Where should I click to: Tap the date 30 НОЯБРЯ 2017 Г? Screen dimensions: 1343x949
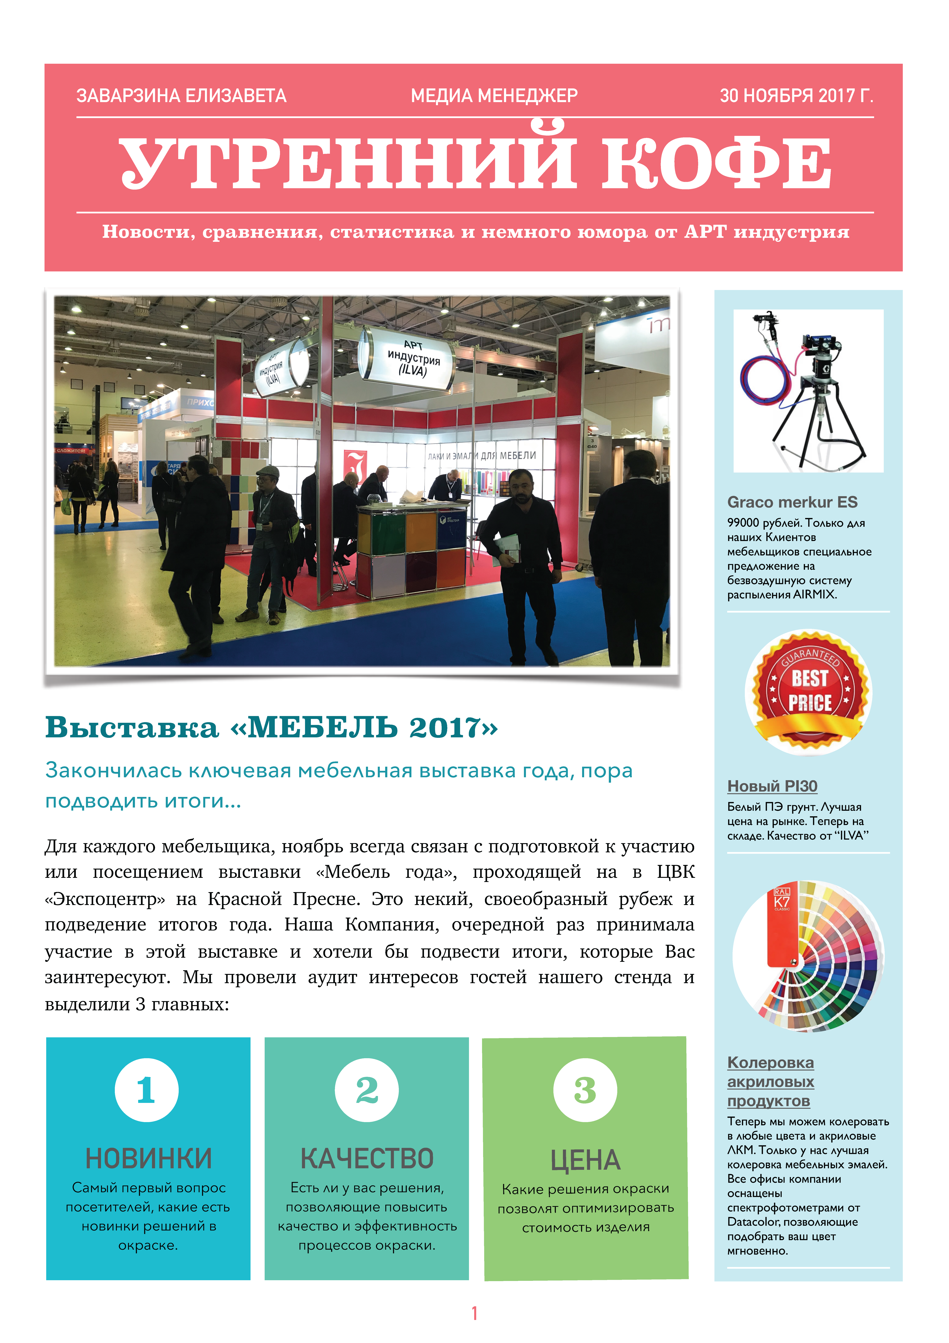click(796, 95)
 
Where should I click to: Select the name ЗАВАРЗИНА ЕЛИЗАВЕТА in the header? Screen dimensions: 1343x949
click(181, 95)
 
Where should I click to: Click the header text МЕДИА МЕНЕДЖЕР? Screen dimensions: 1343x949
click(494, 95)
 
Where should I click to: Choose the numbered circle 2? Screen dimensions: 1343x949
click(367, 1090)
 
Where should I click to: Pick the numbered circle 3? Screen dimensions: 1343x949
click(585, 1090)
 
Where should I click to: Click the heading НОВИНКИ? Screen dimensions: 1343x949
click(148, 1158)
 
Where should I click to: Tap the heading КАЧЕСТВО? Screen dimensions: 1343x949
click(367, 1158)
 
